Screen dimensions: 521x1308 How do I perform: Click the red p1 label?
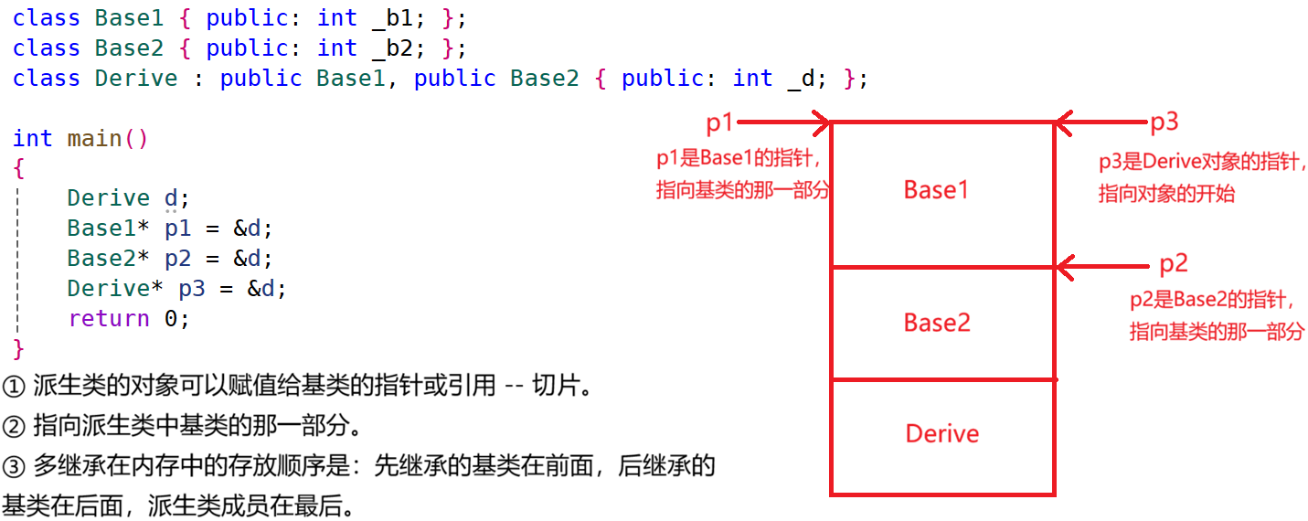click(719, 122)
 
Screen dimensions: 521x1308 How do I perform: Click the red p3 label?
click(1164, 122)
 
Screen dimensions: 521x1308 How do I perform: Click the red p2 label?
click(1173, 264)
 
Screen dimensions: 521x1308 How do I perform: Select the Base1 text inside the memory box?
click(936, 190)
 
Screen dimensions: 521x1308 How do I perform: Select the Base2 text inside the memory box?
click(936, 323)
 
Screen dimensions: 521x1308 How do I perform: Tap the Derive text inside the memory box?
click(941, 433)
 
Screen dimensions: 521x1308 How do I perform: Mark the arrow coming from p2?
click(1101, 267)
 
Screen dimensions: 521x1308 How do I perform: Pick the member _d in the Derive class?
click(801, 79)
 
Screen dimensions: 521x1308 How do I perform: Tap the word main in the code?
click(95, 139)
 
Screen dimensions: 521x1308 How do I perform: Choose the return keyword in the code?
click(109, 319)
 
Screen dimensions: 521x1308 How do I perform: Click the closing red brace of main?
click(18, 348)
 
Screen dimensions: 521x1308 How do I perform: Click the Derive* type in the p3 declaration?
click(115, 289)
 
